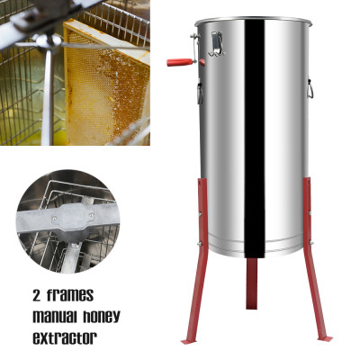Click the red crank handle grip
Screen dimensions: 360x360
point(175,63)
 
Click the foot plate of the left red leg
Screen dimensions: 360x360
point(187,341)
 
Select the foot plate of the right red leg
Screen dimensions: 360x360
point(325,338)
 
